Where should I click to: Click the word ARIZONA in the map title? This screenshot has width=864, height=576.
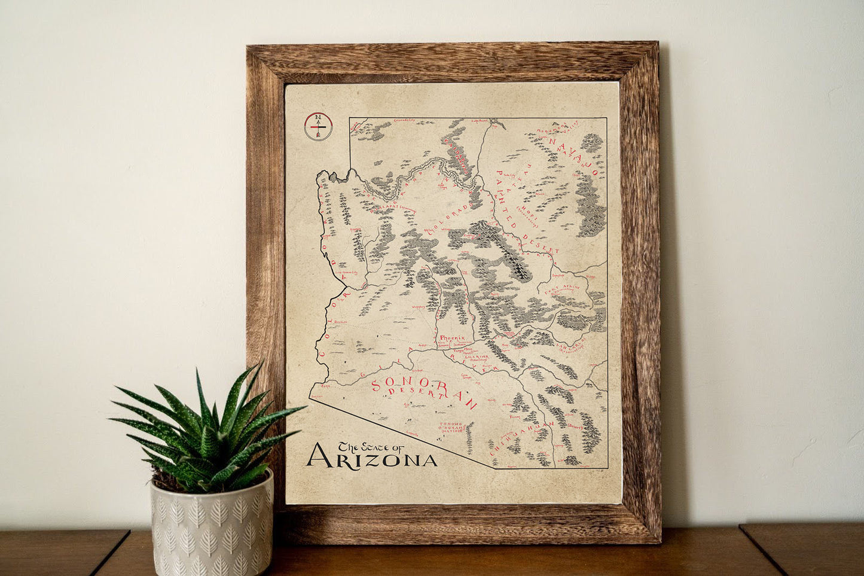click(x=371, y=458)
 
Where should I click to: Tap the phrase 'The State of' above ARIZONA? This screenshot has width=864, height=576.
click(x=371, y=446)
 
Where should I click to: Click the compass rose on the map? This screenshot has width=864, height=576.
click(x=318, y=126)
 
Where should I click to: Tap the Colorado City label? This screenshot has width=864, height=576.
click(x=405, y=120)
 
